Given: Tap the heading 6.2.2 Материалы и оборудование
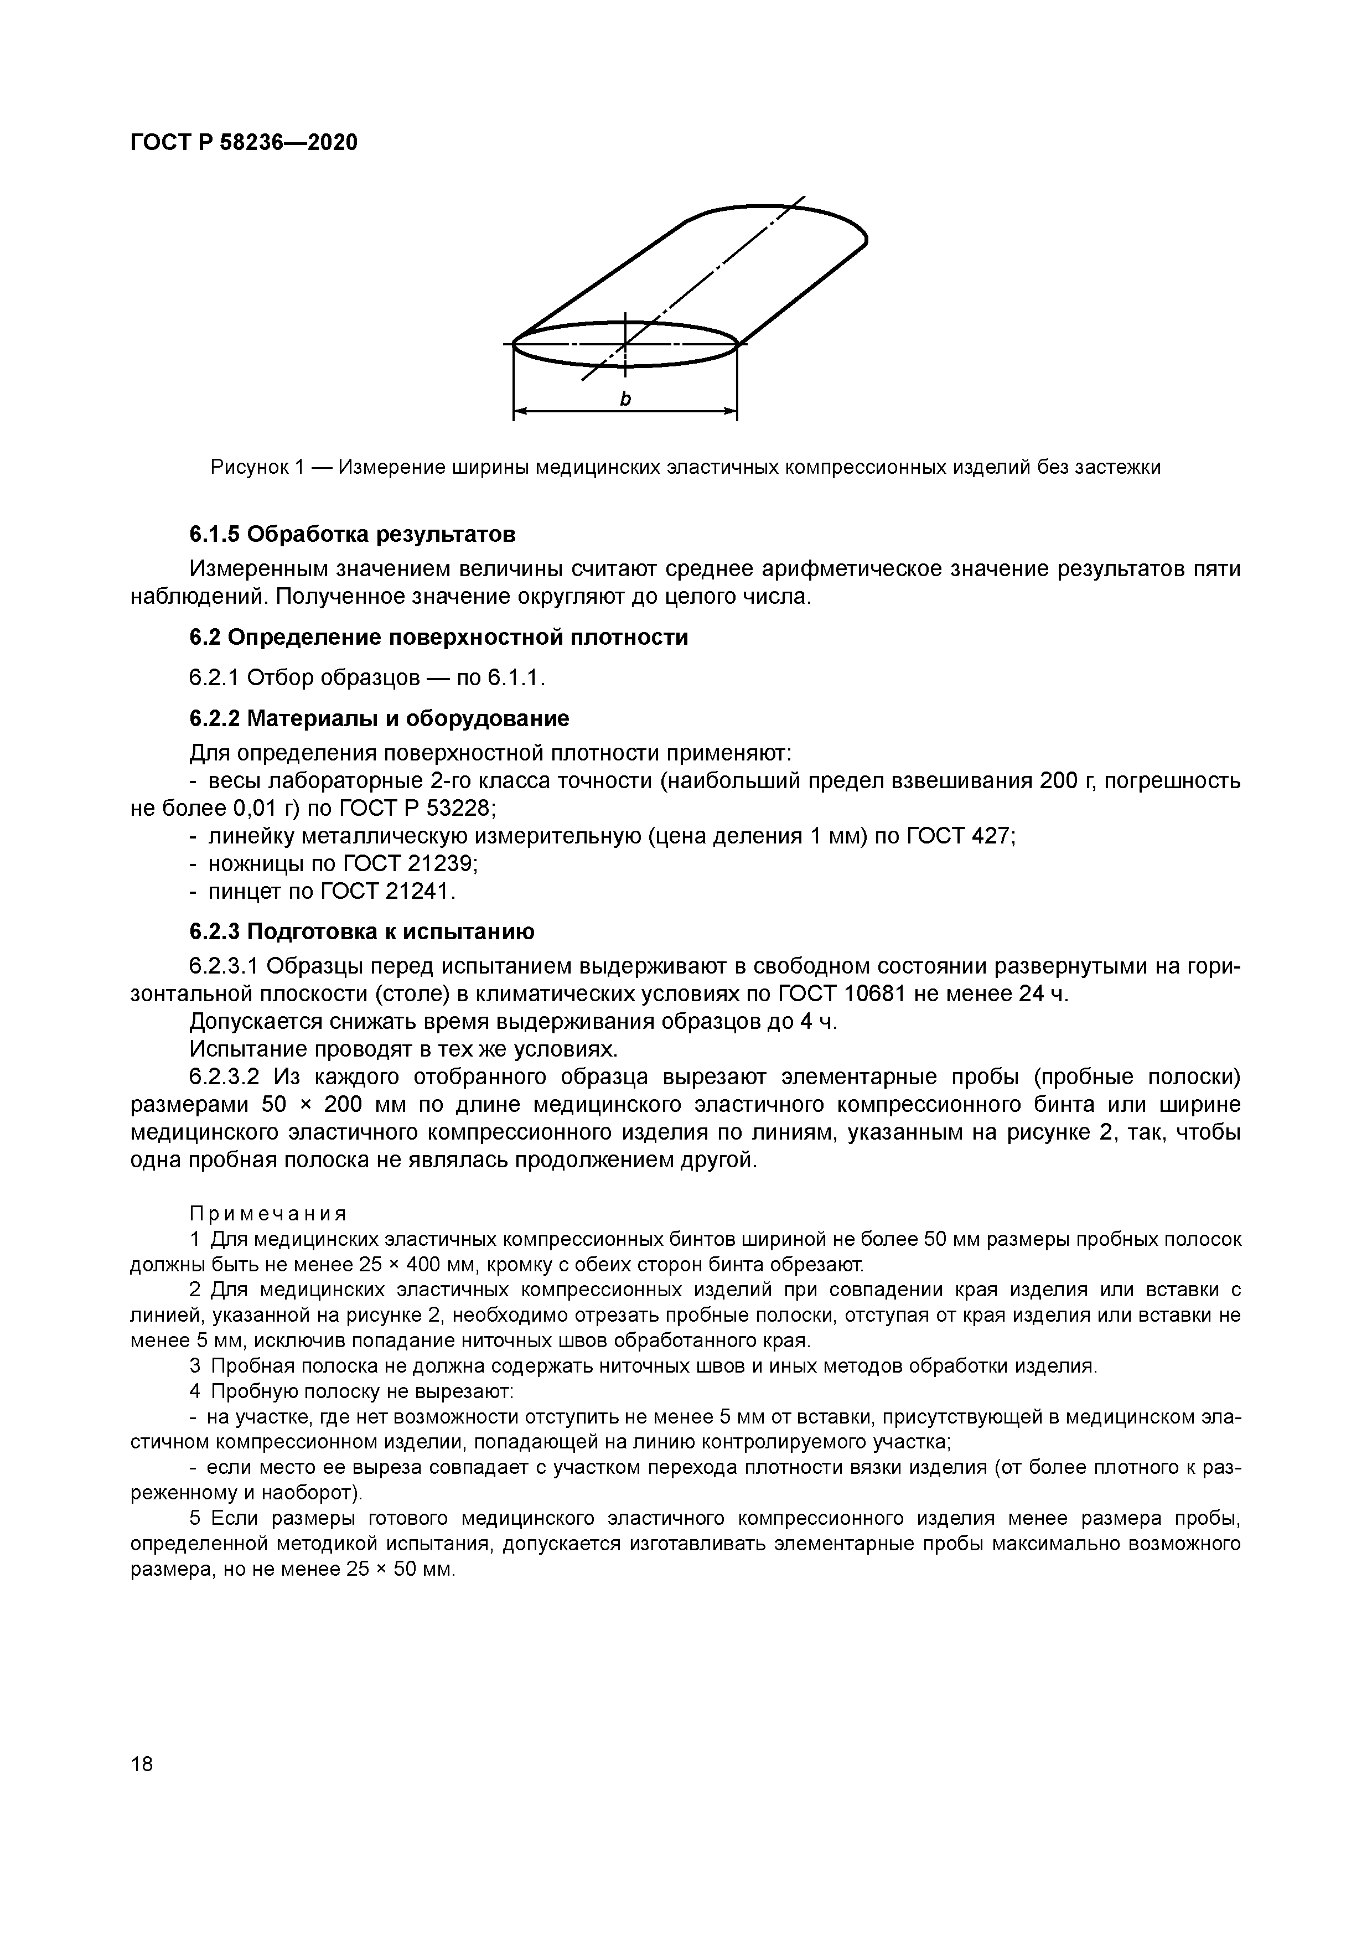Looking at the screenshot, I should tap(379, 718).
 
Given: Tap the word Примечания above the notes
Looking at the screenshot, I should tap(267, 1214).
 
